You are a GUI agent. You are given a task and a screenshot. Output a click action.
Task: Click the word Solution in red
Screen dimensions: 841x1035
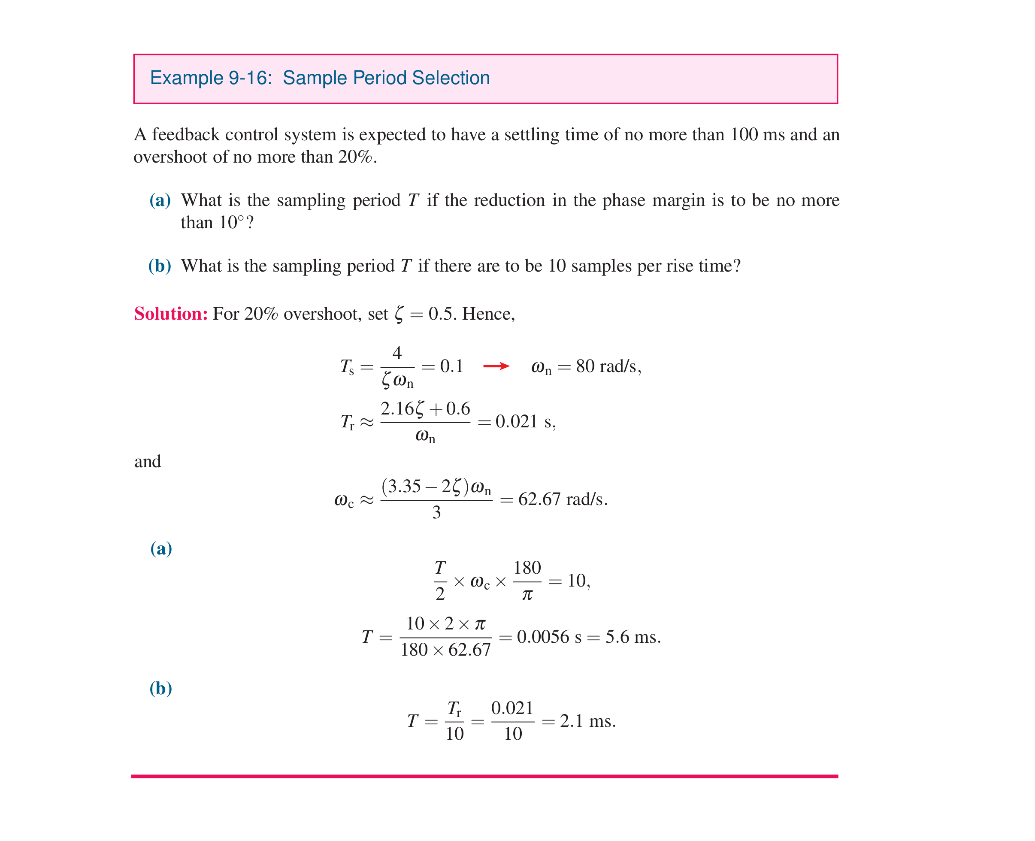[x=170, y=314]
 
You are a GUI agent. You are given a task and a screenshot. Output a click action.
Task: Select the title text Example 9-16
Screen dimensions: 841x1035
[x=211, y=78]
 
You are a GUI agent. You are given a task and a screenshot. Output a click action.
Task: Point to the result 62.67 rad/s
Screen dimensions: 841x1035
[x=562, y=499]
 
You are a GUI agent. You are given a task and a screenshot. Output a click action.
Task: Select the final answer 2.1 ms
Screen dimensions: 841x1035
[x=587, y=721]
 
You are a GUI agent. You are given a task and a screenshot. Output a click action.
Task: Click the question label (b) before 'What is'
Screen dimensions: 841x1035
[x=160, y=266]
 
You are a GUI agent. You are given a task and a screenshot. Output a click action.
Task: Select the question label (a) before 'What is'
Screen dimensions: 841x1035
[x=160, y=200]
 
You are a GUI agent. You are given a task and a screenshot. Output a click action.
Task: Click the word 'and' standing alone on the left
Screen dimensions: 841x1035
[x=147, y=461]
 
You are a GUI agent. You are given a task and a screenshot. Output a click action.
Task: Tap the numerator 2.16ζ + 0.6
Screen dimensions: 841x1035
[x=425, y=409]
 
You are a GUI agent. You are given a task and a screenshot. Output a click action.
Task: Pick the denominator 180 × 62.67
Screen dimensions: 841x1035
[x=445, y=650]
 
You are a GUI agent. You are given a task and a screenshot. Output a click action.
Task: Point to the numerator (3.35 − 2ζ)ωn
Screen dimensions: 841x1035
[x=436, y=486]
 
